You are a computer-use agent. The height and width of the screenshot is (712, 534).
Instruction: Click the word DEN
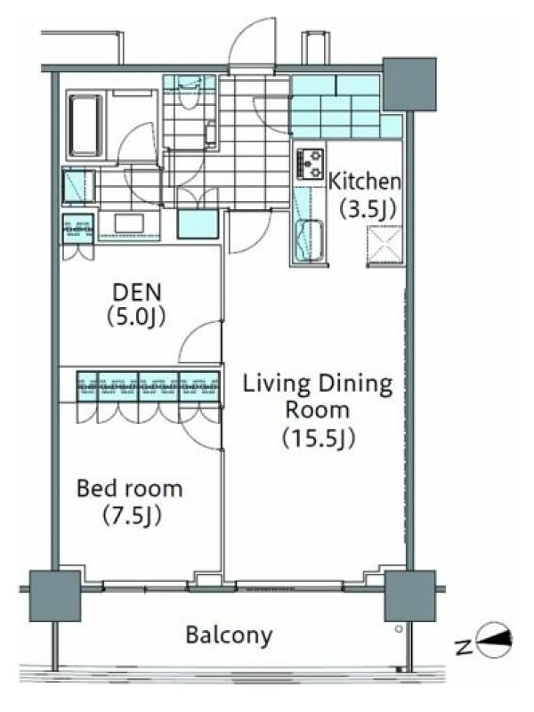(137, 293)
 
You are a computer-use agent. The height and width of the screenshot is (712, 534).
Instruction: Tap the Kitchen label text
(365, 182)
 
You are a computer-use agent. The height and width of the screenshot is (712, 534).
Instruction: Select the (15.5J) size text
(319, 438)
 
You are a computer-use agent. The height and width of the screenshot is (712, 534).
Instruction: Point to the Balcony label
(230, 635)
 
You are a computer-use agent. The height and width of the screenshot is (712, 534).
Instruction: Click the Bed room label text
(130, 488)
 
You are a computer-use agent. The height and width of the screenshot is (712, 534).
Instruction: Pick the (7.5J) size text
(132, 516)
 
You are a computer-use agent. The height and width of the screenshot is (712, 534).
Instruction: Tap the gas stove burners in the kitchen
(310, 163)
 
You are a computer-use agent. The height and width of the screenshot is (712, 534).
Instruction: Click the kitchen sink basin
(310, 240)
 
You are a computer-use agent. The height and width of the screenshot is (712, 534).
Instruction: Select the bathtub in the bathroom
(85, 125)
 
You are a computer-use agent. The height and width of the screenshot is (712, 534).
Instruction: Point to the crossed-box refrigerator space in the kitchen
(385, 244)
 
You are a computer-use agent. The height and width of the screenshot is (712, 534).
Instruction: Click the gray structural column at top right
(409, 85)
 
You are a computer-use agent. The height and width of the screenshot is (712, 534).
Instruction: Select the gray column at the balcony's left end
(55, 595)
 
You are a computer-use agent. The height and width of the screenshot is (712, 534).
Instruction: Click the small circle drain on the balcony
(399, 629)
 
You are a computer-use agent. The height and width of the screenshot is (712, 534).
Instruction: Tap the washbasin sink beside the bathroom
(129, 223)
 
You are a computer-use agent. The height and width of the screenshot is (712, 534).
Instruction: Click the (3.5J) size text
(368, 209)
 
